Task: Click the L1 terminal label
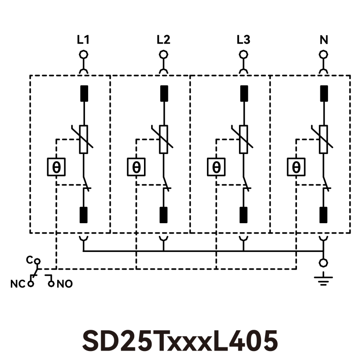click(x=83, y=40)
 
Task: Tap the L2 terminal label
click(x=163, y=40)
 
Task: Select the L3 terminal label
click(x=243, y=40)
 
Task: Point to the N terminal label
click(x=323, y=40)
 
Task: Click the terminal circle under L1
click(x=83, y=55)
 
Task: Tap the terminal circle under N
click(x=323, y=55)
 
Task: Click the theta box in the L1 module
click(x=56, y=167)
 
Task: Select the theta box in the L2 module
click(x=136, y=167)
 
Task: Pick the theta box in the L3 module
click(x=216, y=167)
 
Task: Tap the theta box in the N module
click(x=296, y=167)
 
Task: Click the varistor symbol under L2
click(x=163, y=139)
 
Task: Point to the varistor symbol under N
click(x=323, y=139)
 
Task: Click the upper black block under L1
click(x=83, y=94)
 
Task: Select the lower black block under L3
click(x=243, y=215)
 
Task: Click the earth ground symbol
click(x=323, y=279)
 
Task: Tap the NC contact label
click(x=17, y=284)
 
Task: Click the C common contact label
click(x=29, y=260)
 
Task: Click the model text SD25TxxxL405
click(x=180, y=341)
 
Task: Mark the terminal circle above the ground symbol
click(x=323, y=263)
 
